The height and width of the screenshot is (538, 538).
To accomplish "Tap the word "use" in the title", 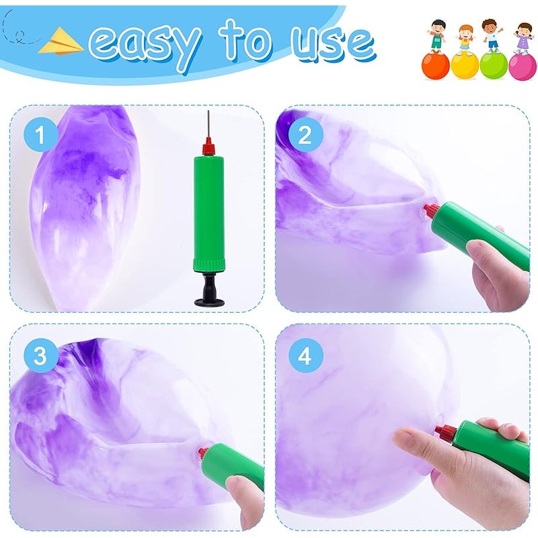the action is click(x=333, y=43).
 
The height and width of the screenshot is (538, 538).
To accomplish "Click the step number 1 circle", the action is click(x=40, y=135).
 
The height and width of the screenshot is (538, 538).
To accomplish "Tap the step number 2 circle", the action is click(x=305, y=135).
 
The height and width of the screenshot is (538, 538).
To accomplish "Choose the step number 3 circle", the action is click(x=40, y=356).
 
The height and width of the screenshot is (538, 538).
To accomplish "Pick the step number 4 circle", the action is click(x=305, y=356).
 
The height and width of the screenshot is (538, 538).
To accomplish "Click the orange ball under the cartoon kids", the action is click(x=435, y=66).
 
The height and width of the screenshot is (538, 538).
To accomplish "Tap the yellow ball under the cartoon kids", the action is click(x=465, y=66).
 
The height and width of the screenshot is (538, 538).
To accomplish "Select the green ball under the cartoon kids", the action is click(x=494, y=66).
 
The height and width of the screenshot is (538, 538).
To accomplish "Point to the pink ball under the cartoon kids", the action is click(x=523, y=67).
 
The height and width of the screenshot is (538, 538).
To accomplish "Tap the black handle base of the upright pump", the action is click(x=209, y=291).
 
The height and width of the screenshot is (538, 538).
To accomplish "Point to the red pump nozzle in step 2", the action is click(x=431, y=210).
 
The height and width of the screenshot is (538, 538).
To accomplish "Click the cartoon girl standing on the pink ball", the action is click(x=523, y=38).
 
